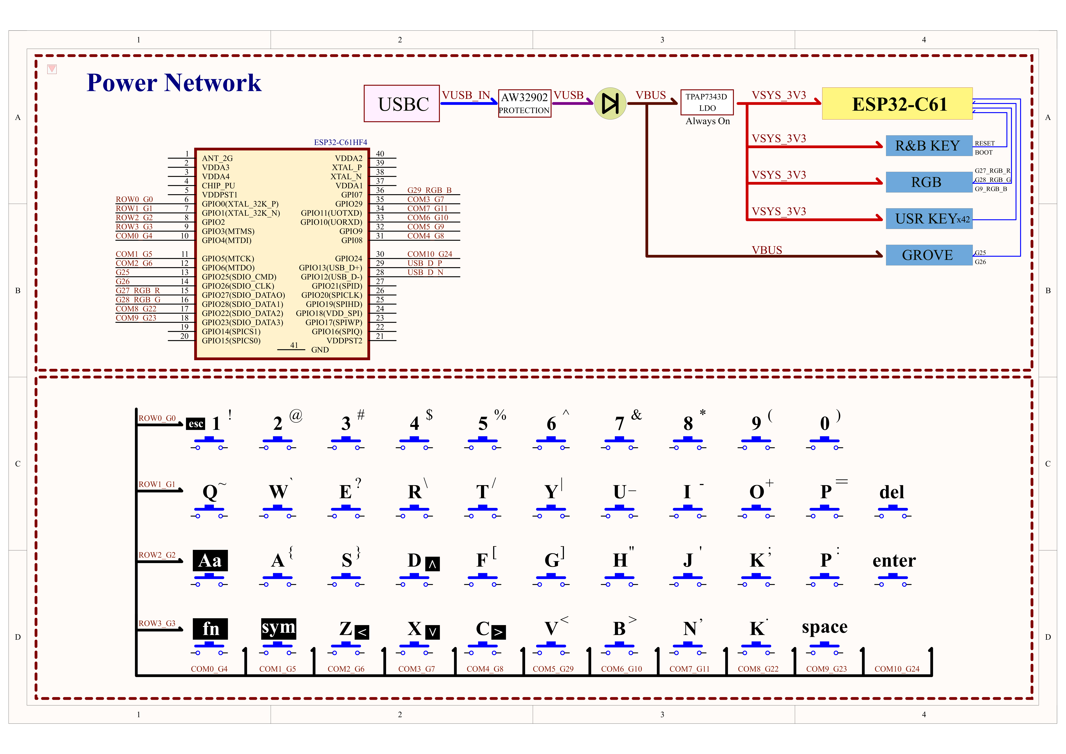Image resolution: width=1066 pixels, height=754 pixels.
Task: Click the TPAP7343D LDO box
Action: [707, 102]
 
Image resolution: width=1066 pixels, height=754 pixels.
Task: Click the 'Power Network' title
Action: [174, 83]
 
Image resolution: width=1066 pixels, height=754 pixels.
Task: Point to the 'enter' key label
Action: [894, 560]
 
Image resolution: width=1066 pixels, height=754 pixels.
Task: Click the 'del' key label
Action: [891, 492]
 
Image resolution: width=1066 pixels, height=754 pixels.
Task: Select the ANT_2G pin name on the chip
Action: [217, 158]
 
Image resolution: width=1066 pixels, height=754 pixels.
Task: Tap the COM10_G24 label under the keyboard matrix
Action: [897, 669]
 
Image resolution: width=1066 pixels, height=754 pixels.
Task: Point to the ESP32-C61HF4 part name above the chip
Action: [340, 142]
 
